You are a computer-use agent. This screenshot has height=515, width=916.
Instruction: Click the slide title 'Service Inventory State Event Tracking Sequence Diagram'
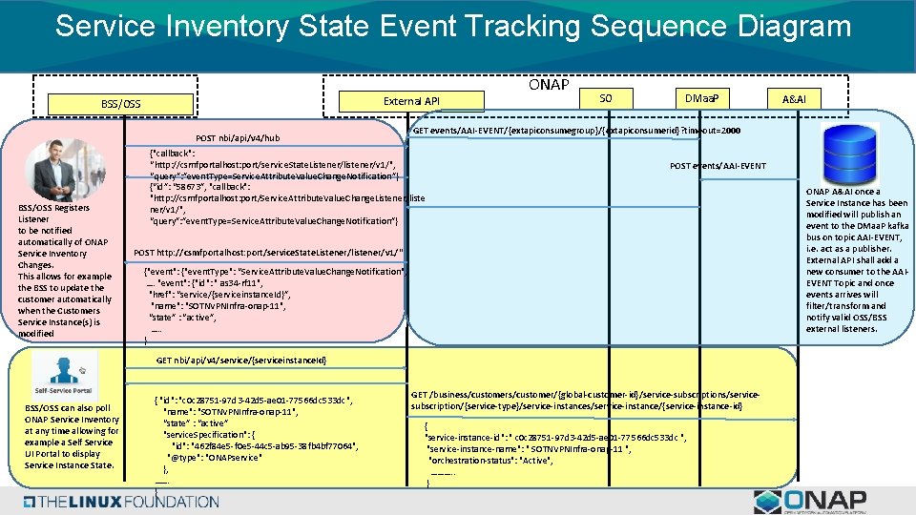pos(452,26)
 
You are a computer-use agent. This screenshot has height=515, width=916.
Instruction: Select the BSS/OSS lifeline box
pos(120,103)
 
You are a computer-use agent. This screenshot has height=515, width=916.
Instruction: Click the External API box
pos(411,101)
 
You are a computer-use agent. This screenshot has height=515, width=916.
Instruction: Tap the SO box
pos(605,98)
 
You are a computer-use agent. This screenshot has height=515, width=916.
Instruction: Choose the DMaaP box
pos(701,98)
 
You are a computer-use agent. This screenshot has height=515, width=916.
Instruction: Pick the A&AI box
pos(794,99)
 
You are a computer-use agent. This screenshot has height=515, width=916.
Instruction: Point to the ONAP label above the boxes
pos(549,84)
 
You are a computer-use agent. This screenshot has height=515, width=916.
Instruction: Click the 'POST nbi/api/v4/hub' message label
pos(238,138)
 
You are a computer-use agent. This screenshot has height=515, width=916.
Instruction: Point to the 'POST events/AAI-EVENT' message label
pos(718,166)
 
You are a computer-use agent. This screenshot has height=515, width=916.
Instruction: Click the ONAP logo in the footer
pos(810,502)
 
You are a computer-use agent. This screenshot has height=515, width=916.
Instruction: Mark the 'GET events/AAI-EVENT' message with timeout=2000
pos(576,130)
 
